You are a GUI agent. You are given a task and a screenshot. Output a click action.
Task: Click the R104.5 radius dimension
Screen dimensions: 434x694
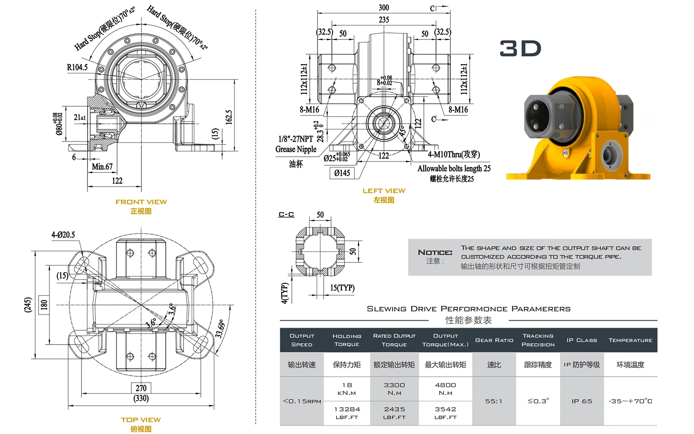(x=77, y=67)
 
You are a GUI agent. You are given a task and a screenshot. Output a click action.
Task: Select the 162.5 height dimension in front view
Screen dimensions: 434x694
(x=229, y=117)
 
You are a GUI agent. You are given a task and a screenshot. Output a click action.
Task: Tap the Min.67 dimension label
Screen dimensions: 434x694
(x=102, y=167)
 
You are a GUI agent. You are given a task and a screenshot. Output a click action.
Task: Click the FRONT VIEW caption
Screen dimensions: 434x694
(x=141, y=202)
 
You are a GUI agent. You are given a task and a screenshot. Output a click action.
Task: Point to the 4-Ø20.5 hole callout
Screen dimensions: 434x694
(x=63, y=235)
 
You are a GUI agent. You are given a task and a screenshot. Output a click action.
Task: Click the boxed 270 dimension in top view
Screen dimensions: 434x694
(x=141, y=388)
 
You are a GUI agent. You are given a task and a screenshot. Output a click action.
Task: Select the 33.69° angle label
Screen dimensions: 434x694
(x=220, y=329)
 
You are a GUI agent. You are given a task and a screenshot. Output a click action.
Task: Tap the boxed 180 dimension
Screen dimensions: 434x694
(x=44, y=305)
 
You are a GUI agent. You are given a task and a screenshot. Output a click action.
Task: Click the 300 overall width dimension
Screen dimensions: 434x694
(x=383, y=7)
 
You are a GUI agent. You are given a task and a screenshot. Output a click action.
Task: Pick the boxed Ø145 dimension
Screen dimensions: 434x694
(x=342, y=173)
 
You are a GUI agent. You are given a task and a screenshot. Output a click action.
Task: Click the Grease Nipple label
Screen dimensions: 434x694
(x=296, y=149)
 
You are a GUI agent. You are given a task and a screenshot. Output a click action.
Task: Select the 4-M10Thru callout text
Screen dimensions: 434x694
(x=454, y=154)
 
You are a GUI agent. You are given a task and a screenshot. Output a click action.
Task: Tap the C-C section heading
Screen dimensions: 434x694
(x=286, y=214)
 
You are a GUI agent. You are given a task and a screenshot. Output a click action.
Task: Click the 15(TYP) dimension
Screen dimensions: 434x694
(x=342, y=288)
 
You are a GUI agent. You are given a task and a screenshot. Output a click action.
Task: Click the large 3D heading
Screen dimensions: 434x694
(x=520, y=48)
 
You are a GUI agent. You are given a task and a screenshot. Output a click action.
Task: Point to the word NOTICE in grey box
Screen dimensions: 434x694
(x=435, y=252)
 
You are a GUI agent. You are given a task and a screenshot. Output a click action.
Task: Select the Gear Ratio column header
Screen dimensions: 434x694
(x=494, y=340)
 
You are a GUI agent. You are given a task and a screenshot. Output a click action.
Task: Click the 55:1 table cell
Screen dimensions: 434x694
(x=494, y=401)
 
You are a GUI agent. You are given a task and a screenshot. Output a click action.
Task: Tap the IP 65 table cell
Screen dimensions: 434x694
(x=582, y=401)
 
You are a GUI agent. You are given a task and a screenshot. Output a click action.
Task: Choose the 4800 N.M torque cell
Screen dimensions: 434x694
(x=445, y=388)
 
